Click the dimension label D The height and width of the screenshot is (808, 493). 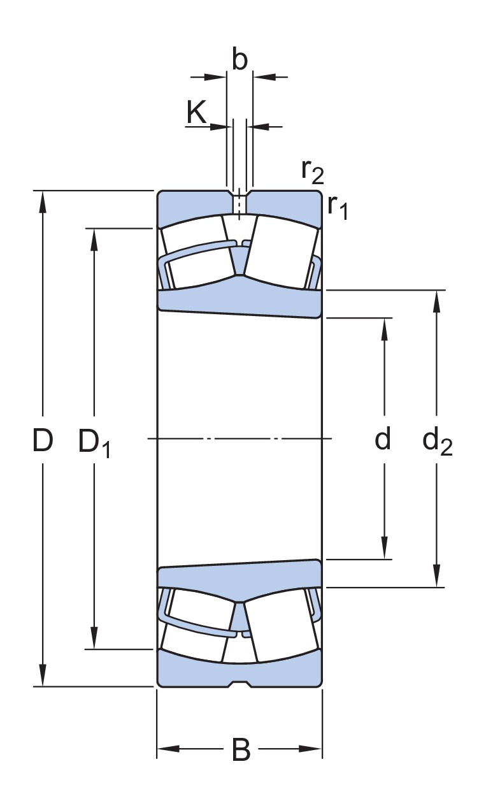click(42, 440)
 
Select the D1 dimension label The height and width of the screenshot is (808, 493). click(94, 442)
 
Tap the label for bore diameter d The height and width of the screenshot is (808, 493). click(382, 439)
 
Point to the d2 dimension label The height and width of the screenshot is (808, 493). click(437, 441)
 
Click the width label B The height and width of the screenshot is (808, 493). click(241, 750)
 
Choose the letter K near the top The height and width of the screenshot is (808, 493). click(197, 113)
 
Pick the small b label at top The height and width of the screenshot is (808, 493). click(239, 60)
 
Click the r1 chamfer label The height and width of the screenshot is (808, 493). click(338, 206)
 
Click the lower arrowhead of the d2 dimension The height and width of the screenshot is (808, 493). click(436, 576)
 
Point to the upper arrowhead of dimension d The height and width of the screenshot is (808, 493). click(385, 328)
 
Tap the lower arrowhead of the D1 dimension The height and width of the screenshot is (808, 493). click(94, 638)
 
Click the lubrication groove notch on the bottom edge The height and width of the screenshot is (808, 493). click(239, 684)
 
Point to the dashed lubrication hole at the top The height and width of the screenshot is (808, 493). click(239, 204)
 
